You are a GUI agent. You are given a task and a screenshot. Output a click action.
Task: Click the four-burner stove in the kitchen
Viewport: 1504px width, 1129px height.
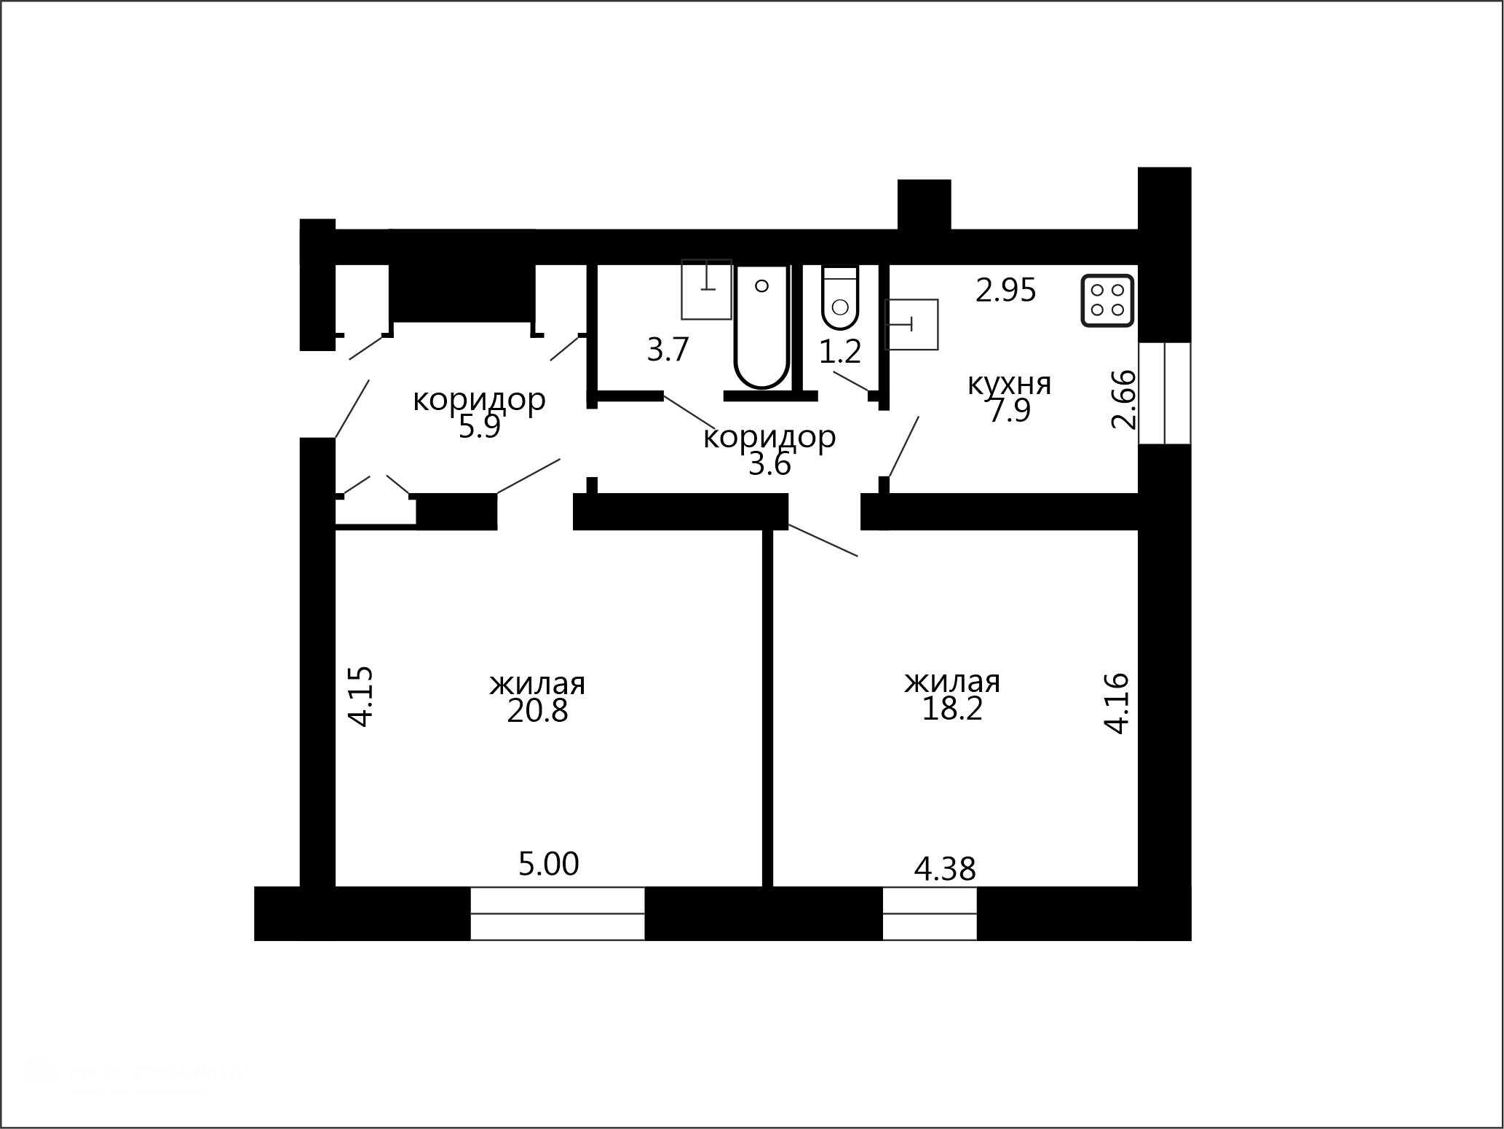pos(1107,300)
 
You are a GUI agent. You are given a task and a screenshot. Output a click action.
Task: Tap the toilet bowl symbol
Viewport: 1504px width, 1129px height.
pos(840,299)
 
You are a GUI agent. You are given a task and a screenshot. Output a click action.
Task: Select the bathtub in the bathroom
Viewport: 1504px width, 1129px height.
pos(761,326)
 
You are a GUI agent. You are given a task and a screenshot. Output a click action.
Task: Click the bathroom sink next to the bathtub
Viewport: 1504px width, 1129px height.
pos(706,289)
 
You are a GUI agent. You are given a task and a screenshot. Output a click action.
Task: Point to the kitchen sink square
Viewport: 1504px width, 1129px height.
pos(911,324)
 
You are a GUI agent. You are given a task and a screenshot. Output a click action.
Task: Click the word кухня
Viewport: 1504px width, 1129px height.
pos(1009,384)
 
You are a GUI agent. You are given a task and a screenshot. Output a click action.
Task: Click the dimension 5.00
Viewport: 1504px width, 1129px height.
pos(548,864)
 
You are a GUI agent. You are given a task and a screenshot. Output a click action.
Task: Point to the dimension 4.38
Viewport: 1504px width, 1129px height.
pos(945,868)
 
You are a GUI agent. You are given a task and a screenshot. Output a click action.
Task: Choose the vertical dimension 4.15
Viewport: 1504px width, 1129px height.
pos(361,696)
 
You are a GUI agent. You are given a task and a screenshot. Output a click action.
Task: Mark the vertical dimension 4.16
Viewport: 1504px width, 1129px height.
pos(1117,703)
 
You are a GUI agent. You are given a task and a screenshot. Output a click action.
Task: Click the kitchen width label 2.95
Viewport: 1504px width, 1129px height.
pos(1005,291)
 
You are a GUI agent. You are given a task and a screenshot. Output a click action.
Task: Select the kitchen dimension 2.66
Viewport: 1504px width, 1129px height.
pos(1123,399)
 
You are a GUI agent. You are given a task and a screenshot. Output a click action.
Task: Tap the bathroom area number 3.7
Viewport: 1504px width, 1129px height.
pos(668,350)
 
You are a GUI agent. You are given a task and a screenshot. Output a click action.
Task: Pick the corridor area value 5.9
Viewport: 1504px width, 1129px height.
pos(480,427)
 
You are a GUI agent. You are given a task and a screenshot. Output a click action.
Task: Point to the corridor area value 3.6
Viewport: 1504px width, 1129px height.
pos(769,465)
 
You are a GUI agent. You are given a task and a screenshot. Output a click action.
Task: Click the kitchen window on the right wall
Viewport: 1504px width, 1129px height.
pos(1165,393)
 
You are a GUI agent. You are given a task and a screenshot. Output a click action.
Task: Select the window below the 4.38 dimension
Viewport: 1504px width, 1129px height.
pos(930,913)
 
